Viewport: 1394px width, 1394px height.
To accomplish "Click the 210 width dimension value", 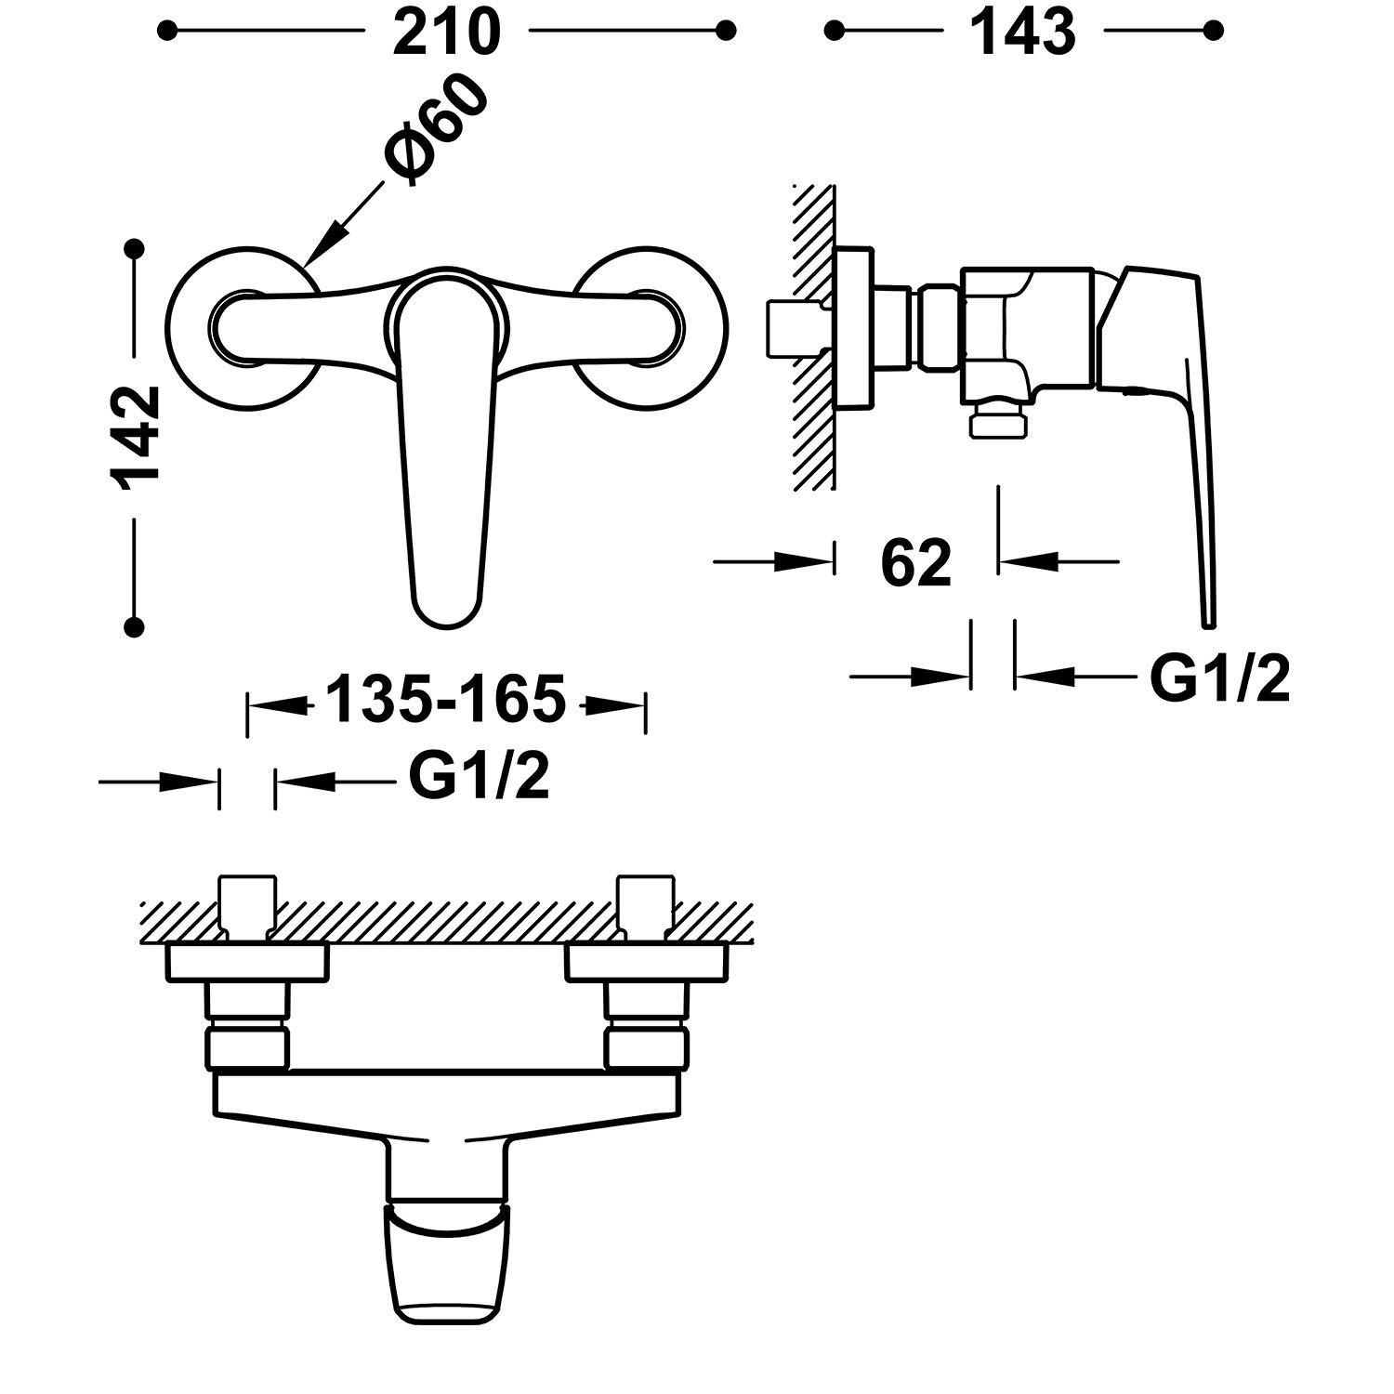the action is (447, 33).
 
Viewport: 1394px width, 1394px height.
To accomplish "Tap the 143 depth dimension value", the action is (1022, 33).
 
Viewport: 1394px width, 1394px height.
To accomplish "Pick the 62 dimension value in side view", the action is (917, 562).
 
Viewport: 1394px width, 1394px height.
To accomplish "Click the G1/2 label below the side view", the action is (1219, 677).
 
